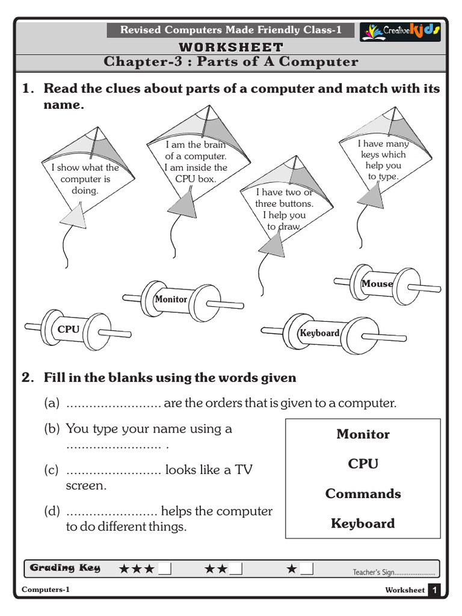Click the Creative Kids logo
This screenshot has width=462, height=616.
click(400, 31)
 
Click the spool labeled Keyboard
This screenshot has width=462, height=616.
click(320, 333)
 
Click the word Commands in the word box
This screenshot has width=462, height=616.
click(363, 494)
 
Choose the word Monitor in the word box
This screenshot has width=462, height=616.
click(363, 434)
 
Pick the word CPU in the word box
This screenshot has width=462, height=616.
click(363, 464)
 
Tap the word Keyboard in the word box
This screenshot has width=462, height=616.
click(363, 523)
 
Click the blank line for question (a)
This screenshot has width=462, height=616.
click(113, 404)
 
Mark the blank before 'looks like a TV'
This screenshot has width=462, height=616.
click(113, 470)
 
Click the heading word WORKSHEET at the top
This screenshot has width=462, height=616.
click(231, 47)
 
